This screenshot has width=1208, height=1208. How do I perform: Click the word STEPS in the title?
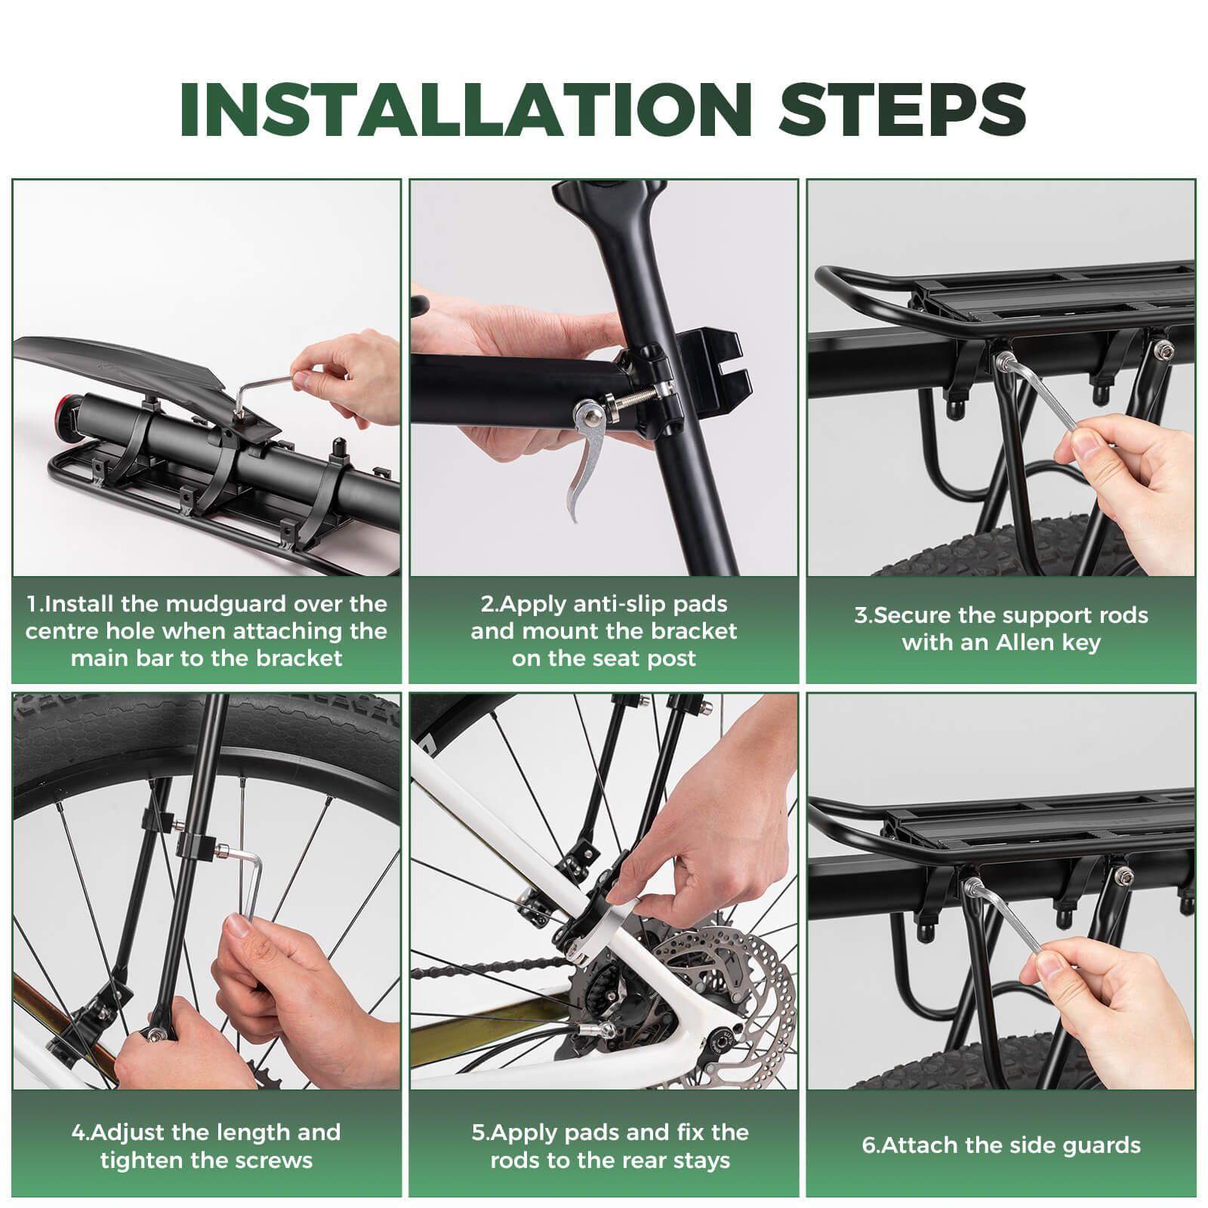point(901,109)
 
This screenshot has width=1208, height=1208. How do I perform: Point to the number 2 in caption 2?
point(486,604)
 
